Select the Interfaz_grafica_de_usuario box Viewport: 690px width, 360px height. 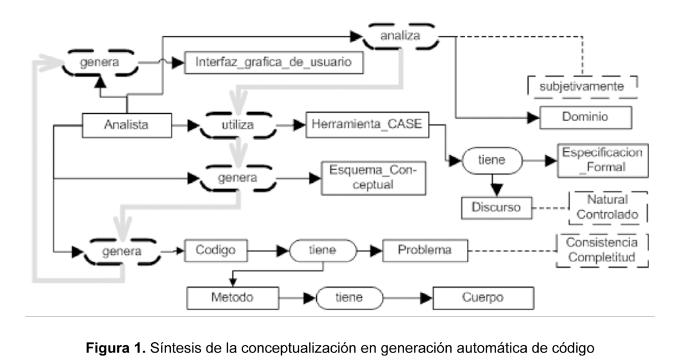pyautogui.click(x=274, y=62)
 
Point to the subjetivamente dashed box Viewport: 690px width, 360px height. pyautogui.click(x=583, y=87)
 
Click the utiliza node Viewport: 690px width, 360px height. pyautogui.click(x=237, y=124)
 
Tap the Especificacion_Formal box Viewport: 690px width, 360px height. pyautogui.click(x=601, y=160)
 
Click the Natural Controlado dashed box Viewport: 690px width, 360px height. pyautogui.click(x=608, y=207)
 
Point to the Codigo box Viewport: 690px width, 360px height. pyautogui.click(x=213, y=250)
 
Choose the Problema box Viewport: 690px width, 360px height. pyautogui.click(x=425, y=250)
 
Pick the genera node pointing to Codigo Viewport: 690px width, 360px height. pyautogui.click(x=121, y=251)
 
